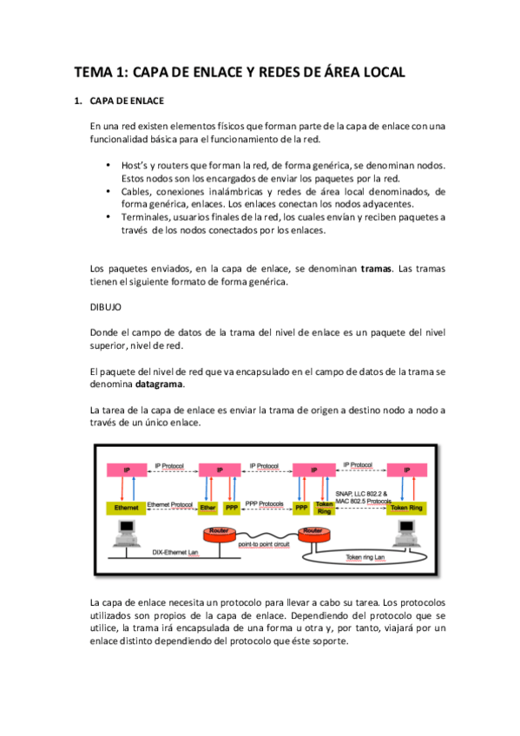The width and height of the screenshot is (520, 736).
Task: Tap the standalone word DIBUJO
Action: pos(107,306)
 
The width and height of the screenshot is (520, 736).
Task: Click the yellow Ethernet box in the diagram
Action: pos(127,507)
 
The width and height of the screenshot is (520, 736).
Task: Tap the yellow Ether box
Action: pos(207,507)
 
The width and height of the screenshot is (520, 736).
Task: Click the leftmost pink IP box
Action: pos(127,470)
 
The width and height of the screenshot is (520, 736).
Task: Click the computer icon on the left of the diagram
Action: pos(128,532)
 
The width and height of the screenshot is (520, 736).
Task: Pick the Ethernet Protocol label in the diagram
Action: pos(169,503)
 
